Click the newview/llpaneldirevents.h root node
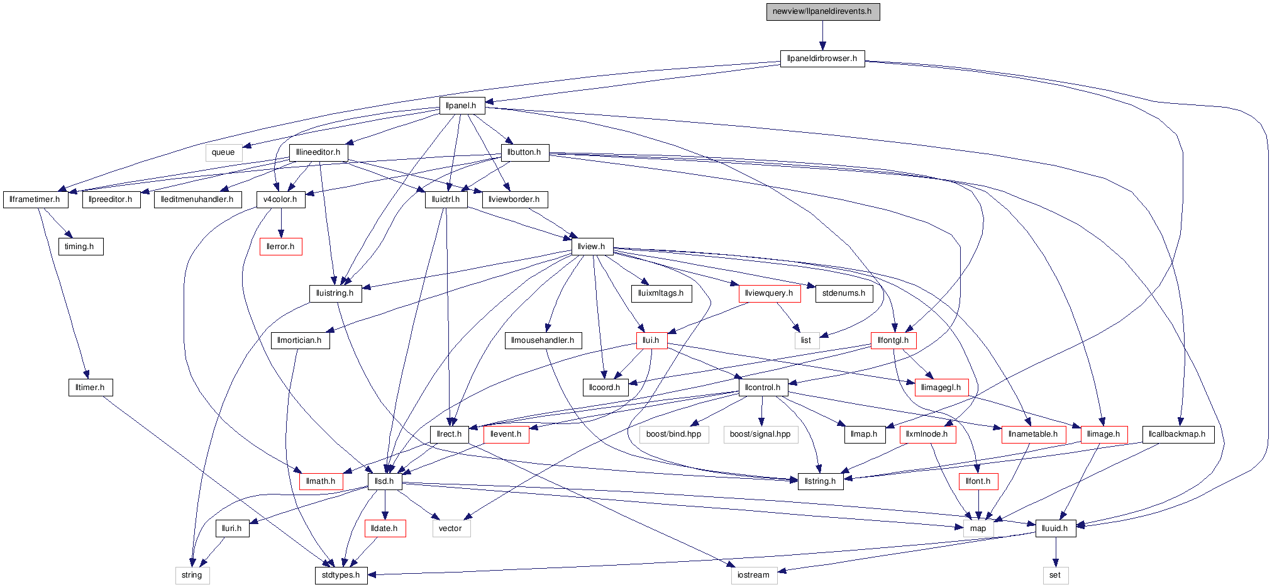822,11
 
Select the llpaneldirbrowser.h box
822,59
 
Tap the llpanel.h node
462,106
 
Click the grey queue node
223,152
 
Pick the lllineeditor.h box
318,152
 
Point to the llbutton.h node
524,152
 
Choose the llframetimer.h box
35,199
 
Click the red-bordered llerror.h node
280,247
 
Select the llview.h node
592,247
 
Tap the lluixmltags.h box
661,293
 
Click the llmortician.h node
300,340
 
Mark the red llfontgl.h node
893,340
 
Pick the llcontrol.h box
763,388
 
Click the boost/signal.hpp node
760,434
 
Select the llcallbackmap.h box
1178,434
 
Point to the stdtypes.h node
341,575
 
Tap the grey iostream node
753,575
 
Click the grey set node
1055,575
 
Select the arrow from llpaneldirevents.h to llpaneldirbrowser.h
822,35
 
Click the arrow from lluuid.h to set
1056,552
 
